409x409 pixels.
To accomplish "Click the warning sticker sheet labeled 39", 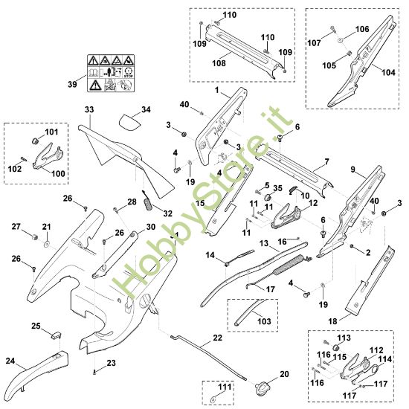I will pos(111,73).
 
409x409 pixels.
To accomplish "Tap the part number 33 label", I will pos(89,109).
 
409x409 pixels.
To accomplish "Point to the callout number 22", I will pos(217,337).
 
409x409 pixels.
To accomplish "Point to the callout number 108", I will pos(219,63).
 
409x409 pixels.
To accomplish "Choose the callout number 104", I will pos(389,72).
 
